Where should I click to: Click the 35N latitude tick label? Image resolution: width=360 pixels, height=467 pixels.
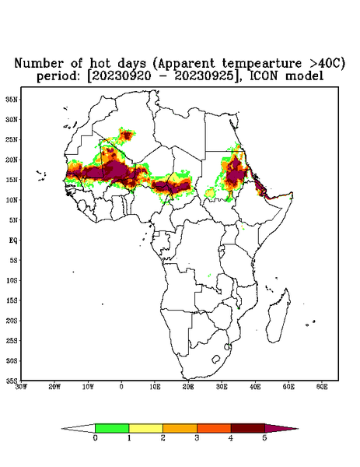point(12,99)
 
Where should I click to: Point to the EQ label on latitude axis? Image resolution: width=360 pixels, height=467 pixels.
point(13,241)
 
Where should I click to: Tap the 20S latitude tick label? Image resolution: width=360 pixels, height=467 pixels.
point(12,321)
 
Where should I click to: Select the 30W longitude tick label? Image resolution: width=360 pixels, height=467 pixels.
point(21,387)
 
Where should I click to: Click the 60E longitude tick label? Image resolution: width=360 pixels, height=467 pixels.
point(322,387)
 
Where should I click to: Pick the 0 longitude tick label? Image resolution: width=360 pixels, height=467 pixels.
point(121,387)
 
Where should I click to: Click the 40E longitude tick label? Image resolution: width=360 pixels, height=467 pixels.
point(255,387)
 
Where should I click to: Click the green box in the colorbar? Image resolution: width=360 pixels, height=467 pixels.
point(112,428)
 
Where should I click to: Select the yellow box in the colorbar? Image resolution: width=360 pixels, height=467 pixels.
point(145,428)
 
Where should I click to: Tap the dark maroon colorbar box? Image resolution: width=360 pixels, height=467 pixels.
point(248,428)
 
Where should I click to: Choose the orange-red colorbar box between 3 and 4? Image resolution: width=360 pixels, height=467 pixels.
point(214,428)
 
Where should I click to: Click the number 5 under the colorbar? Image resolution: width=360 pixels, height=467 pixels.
point(264,438)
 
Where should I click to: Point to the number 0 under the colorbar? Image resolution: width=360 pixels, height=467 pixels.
point(95,438)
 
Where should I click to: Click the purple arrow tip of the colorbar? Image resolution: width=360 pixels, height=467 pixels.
point(298,429)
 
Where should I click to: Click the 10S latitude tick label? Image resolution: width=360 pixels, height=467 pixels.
point(12,280)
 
